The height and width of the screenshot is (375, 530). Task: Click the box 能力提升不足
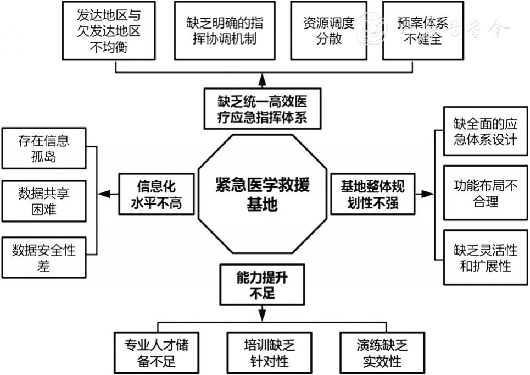[262, 285]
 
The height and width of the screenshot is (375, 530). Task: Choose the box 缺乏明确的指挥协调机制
[225, 31]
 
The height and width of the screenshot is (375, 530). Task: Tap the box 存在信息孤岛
[44, 148]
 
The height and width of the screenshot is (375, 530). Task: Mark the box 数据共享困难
[44, 201]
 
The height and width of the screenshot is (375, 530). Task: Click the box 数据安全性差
[44, 258]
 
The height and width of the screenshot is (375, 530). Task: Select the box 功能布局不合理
[485, 193]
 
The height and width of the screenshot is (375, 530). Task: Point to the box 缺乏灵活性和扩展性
[485, 258]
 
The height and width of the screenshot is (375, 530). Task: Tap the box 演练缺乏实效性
[382, 353]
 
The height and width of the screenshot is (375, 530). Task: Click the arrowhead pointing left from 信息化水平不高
[105, 194]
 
